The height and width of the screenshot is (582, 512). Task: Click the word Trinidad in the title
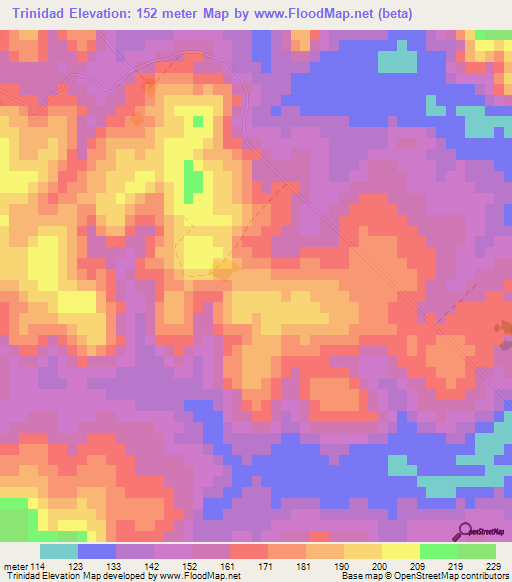pyautogui.click(x=45, y=14)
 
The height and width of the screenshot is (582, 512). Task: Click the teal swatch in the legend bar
pyautogui.click(x=59, y=550)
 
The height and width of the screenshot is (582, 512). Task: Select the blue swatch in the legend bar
pyautogui.click(x=97, y=550)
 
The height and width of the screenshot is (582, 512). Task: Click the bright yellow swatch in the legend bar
pyautogui.click(x=401, y=550)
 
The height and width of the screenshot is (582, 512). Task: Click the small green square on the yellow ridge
pyautogui.click(x=198, y=121)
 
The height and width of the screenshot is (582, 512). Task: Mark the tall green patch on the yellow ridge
pyautogui.click(x=193, y=181)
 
